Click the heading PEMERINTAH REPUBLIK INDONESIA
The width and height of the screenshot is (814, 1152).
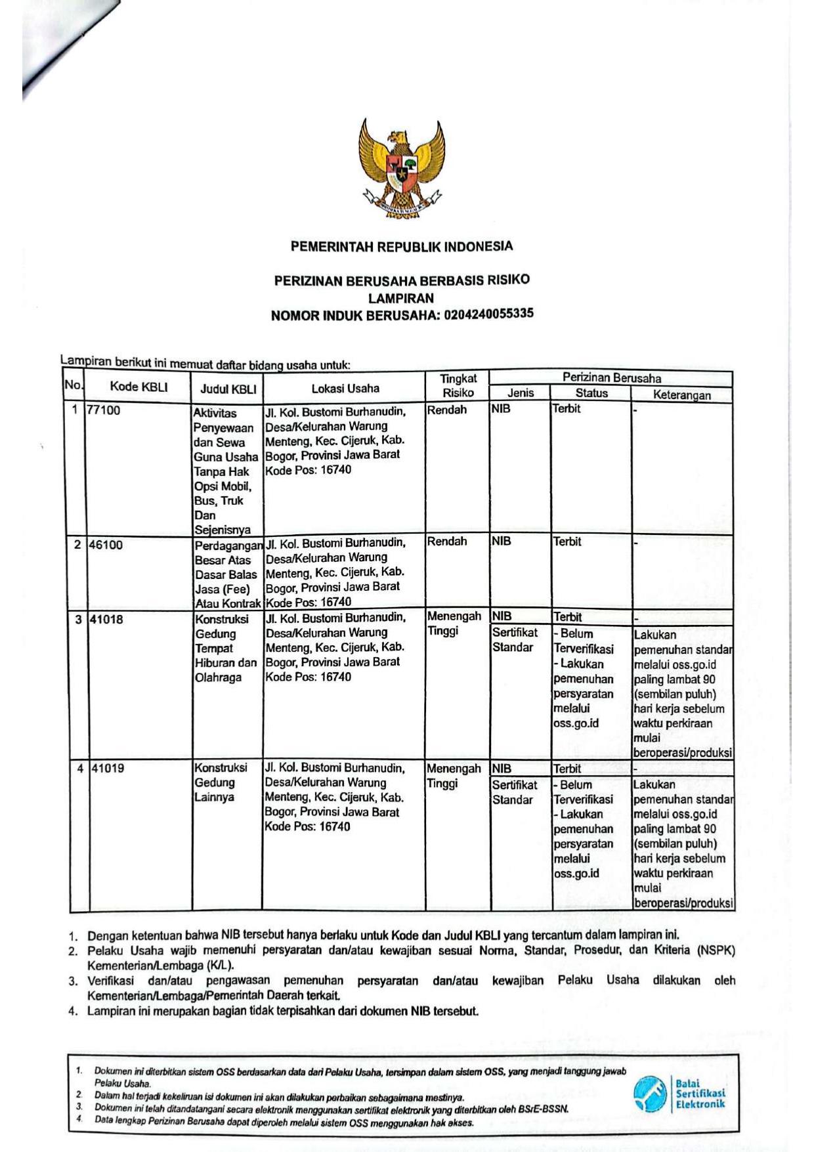401,247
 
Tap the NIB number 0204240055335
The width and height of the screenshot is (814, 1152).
488,314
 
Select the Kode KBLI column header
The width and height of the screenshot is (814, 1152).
139,387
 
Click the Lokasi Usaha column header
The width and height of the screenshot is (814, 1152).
345,388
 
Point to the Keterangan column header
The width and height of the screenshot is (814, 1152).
681,395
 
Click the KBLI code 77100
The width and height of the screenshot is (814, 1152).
104,410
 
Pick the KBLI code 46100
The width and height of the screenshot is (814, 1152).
105,545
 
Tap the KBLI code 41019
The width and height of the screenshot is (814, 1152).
107,768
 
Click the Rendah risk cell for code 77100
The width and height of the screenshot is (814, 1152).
446,410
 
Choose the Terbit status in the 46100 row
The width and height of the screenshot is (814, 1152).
567,542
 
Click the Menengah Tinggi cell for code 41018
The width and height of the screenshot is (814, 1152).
454,624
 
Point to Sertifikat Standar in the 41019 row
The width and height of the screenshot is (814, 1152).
514,792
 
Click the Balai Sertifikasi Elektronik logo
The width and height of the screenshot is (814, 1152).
679,1094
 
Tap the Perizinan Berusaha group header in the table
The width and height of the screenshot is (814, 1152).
611,377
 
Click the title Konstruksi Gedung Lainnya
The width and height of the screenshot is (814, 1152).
221,782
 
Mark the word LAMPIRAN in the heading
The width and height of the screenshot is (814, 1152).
400,297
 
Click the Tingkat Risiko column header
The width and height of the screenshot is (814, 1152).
458,385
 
